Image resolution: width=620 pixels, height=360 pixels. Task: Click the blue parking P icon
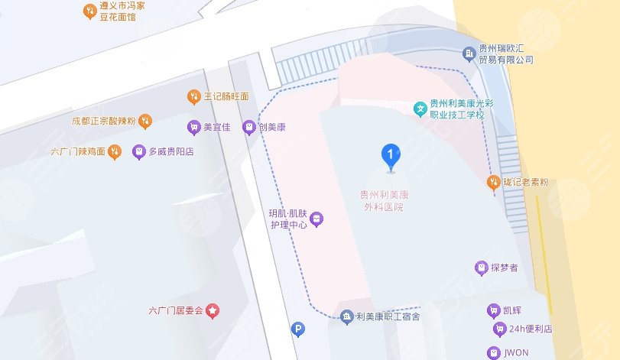[x=299, y=329]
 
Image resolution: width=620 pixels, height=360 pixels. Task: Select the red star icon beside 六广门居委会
[x=213, y=311]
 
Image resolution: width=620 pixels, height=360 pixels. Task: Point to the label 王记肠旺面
[x=226, y=97]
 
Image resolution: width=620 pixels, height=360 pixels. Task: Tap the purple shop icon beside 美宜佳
[x=193, y=127]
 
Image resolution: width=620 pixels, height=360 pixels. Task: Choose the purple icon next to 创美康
[x=248, y=127]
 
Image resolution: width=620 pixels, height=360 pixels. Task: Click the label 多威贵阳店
[x=171, y=151]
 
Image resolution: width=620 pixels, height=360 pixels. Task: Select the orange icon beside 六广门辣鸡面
[x=115, y=151]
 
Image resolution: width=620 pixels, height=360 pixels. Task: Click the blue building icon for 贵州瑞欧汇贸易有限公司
[x=469, y=54]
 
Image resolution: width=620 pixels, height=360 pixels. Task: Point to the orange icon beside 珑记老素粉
[x=494, y=182]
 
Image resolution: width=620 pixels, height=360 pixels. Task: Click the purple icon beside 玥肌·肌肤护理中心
[x=316, y=219]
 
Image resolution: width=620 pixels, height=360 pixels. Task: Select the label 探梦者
[x=505, y=268]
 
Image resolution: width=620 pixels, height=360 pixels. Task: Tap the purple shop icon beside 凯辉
[x=492, y=310]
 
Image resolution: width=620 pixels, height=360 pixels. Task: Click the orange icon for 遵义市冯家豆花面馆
[x=88, y=11]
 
